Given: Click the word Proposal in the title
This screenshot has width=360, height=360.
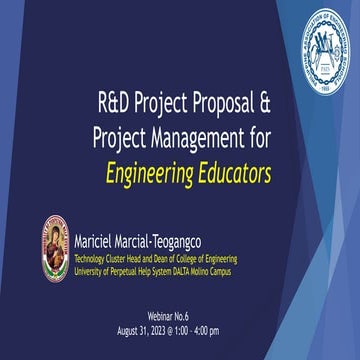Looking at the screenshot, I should [x=227, y=101].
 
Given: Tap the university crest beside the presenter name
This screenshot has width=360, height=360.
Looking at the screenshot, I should [x=55, y=248].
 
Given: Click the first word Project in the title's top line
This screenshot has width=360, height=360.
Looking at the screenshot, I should [x=161, y=101].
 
